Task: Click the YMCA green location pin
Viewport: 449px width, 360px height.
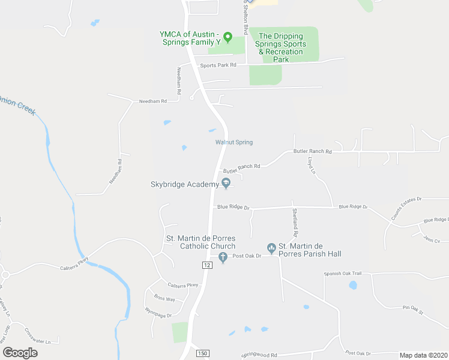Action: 228,37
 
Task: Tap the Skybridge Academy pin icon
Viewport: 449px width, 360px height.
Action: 226,184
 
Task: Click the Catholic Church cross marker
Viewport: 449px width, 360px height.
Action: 223,258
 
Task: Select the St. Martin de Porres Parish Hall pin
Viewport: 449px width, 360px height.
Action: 271,247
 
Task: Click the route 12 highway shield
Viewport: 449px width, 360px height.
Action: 207,265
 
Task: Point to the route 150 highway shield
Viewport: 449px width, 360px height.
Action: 203,354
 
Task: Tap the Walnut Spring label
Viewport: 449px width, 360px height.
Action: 234,142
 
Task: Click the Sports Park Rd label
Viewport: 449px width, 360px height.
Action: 218,65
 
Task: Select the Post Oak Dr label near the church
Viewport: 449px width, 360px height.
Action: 247,256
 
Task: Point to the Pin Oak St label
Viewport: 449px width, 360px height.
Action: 413,310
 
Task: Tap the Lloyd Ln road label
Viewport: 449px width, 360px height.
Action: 311,165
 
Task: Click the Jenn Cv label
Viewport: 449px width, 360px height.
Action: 432,240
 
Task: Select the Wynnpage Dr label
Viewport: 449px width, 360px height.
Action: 159,312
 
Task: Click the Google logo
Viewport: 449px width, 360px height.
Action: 20,353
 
